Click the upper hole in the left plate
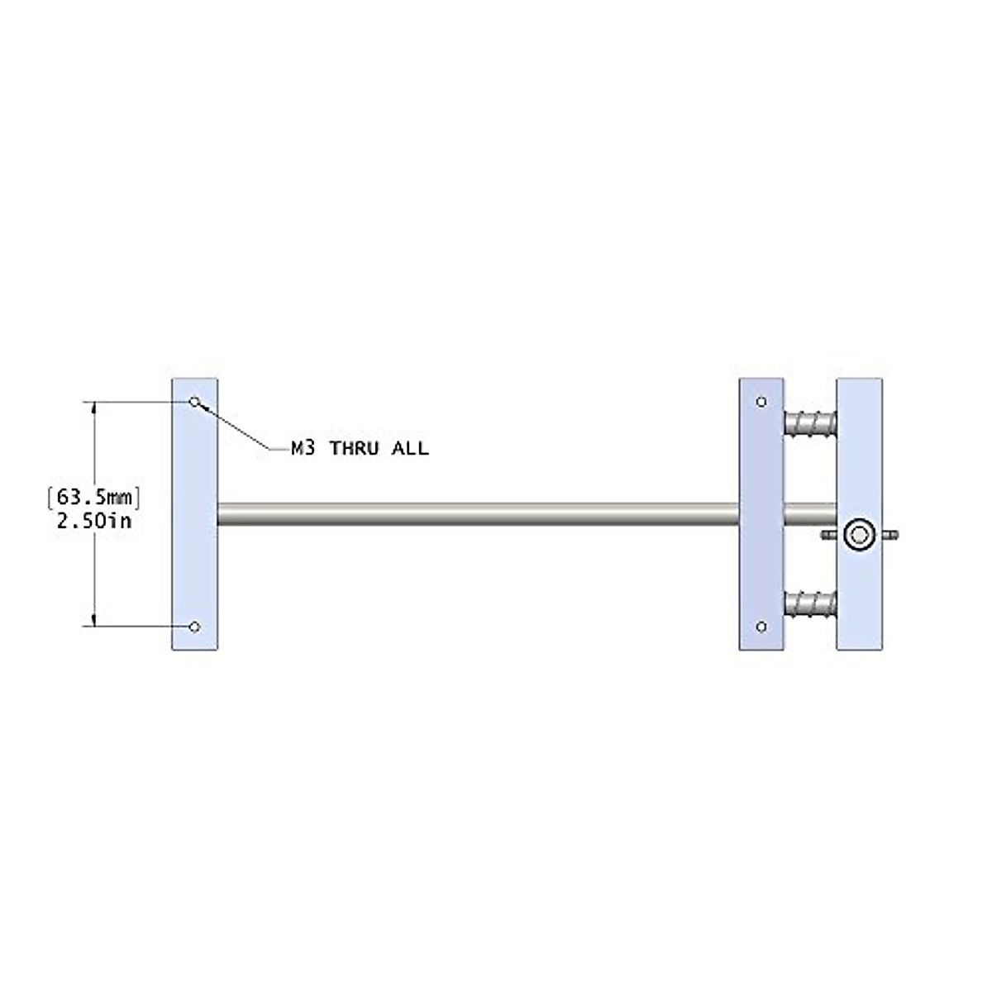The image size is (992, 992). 195,402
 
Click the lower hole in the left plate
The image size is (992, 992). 194,627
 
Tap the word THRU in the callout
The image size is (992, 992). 355,449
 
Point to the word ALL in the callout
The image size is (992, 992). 410,449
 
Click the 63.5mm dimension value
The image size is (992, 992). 94,497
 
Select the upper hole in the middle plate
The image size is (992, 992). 761,402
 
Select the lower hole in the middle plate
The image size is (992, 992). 761,627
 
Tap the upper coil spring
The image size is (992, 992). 810,424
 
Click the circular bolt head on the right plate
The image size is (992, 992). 859,536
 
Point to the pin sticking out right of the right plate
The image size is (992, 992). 890,536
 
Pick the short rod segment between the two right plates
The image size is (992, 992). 810,513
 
